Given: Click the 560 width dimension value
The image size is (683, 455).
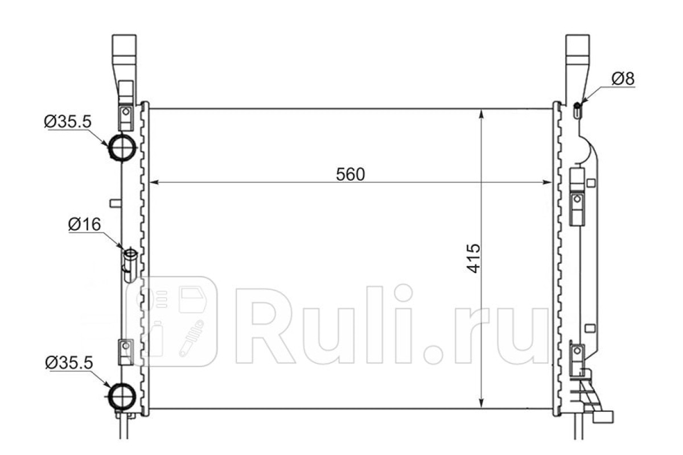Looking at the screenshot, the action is [351, 174].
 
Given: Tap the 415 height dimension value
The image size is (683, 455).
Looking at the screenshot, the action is [474, 258].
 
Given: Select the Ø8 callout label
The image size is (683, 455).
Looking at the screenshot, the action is [623, 78].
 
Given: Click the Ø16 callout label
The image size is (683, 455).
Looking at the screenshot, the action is [84, 224].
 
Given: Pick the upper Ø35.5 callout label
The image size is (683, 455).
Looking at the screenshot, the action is [68, 121].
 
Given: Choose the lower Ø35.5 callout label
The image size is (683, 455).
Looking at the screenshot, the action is [69, 363].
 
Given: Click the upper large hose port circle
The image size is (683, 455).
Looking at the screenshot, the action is [122, 147].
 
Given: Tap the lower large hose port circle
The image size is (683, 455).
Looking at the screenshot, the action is [122, 396].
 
